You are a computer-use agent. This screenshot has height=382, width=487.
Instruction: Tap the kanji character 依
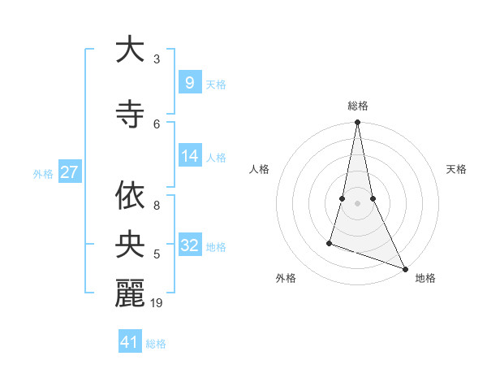[x=130, y=196]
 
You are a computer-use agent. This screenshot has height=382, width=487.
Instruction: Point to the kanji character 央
[x=130, y=245]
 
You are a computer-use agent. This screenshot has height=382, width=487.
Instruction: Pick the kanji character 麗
[x=130, y=293]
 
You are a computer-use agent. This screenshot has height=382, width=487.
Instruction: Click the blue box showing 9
[x=189, y=82]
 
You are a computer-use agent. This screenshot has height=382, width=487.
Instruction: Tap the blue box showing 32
[x=191, y=245]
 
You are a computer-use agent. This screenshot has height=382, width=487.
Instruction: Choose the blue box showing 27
[x=70, y=171]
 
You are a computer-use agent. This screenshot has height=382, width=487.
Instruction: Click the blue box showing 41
[x=131, y=341]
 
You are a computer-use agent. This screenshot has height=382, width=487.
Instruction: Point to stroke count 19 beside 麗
[x=157, y=303]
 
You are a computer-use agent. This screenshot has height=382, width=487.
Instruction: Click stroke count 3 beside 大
[x=157, y=59]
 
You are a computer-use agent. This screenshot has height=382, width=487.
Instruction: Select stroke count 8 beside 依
[x=157, y=197]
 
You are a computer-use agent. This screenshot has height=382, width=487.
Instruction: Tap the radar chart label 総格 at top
[x=357, y=106]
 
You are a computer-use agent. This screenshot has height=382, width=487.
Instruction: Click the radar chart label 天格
[x=456, y=169]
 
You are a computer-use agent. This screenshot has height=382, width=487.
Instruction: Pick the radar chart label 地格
[x=425, y=278]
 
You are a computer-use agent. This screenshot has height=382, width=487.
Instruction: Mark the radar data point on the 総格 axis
[x=357, y=123]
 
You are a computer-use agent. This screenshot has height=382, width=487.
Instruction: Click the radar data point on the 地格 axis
[x=405, y=269]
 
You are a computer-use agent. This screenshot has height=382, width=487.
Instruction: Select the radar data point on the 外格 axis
[x=330, y=242]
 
